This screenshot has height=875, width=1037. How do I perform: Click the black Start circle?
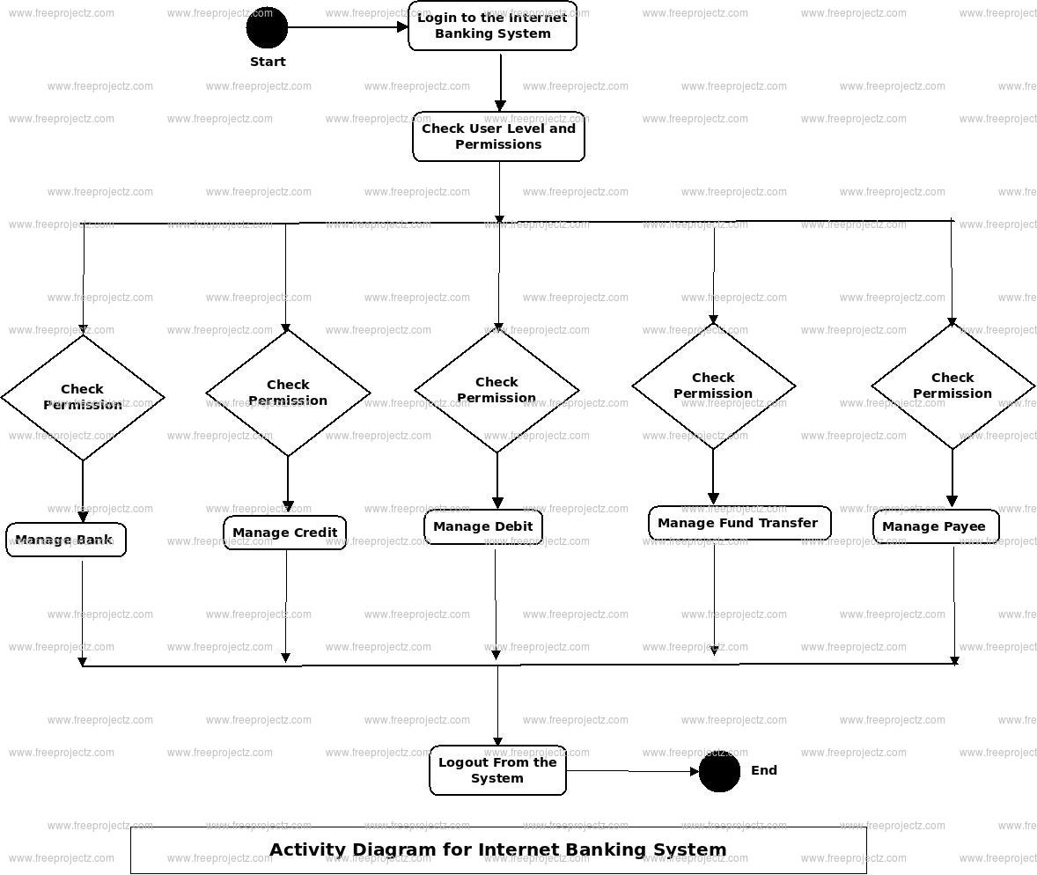267,27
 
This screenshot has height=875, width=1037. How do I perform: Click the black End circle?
719,772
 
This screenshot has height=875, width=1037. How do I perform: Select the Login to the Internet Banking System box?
492,26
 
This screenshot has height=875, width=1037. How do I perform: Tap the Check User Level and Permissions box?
498,136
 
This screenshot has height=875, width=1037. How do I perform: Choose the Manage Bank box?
66,540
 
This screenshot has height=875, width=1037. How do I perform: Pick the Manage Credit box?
285,533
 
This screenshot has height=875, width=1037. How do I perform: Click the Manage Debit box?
483,527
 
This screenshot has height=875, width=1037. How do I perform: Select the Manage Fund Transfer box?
739,523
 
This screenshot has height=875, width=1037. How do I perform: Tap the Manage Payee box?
935,526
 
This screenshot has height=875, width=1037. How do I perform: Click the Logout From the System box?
497,770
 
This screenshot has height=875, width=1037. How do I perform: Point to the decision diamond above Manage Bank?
83,397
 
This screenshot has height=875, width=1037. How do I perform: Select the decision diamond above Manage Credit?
288,393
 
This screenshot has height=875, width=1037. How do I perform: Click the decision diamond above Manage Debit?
496,390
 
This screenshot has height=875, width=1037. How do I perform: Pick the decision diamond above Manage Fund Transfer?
713,386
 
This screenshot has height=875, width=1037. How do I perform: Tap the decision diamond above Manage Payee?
952,386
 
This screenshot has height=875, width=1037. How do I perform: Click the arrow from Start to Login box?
347,27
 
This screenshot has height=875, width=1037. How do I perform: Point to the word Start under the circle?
268,62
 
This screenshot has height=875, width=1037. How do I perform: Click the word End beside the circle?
764,770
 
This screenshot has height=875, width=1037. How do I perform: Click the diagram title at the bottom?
498,850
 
